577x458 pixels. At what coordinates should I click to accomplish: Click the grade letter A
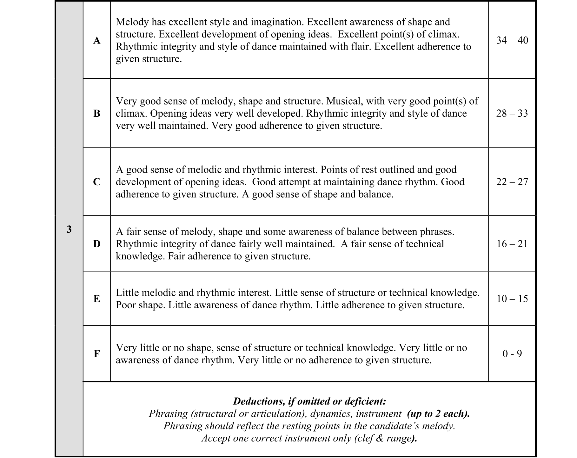97,40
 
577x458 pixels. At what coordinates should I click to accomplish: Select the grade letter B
97,113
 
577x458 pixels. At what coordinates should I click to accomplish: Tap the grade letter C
97,182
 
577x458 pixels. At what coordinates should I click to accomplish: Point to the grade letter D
97,244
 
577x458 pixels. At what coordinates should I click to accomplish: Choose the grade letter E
97,299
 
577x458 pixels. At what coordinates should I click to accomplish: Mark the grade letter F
97,354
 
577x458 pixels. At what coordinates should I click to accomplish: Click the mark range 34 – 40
512,40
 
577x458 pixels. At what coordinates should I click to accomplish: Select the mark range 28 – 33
512,113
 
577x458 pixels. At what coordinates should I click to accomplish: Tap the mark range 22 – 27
512,182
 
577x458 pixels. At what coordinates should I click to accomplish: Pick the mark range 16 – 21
512,244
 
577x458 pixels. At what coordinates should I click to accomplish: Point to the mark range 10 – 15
512,299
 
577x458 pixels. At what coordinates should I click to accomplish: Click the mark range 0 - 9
512,354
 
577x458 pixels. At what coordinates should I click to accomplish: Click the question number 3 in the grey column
69,229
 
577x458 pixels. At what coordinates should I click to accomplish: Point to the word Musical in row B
344,101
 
